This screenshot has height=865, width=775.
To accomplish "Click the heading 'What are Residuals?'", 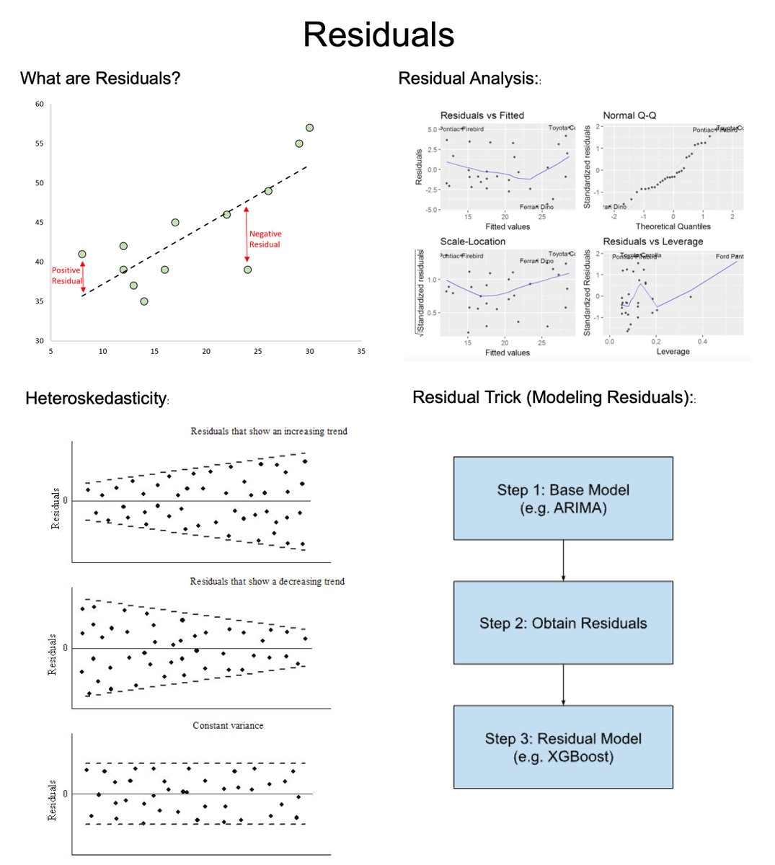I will click(x=100, y=79).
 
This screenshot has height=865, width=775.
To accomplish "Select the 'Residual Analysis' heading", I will click(x=467, y=79).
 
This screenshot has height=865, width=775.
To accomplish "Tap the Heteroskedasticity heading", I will click(x=96, y=399).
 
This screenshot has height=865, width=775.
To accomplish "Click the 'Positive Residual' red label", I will click(x=66, y=275).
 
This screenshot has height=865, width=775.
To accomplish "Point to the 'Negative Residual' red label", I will click(x=265, y=239).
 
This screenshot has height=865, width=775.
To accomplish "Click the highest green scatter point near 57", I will click(x=309, y=128).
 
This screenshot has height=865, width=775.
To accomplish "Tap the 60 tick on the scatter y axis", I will click(x=40, y=105).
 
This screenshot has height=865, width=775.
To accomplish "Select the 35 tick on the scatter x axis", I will click(x=361, y=352).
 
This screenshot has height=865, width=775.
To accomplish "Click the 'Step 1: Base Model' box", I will click(x=562, y=498).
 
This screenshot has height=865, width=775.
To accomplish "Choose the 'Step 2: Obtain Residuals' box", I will click(x=562, y=623).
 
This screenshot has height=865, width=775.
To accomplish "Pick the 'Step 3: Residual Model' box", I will click(x=562, y=747).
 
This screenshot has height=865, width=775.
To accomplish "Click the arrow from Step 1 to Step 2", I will click(x=563, y=560).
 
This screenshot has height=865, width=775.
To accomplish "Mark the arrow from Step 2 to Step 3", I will click(x=563, y=684).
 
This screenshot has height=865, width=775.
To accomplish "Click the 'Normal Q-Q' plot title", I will click(x=629, y=115).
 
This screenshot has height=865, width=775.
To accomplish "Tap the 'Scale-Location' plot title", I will click(x=472, y=241).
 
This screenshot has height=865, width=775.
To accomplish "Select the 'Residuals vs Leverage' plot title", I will click(x=652, y=241).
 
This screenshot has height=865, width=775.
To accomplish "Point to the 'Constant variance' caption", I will click(x=228, y=725).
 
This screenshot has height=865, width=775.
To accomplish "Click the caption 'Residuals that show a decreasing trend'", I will click(x=267, y=581).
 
